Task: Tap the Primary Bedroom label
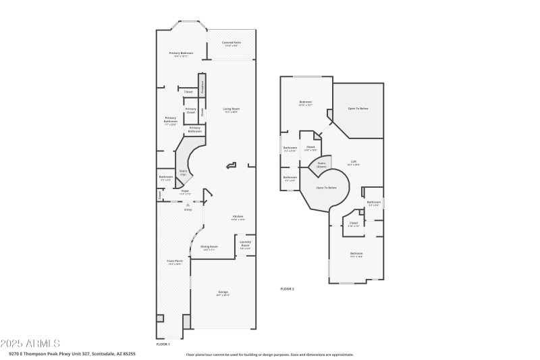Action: point(181,54)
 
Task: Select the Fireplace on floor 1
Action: point(202,86)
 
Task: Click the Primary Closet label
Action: point(191,111)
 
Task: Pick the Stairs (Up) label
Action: point(183,173)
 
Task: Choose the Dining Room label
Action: point(209,248)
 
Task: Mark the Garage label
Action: point(223,293)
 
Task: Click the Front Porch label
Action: point(175,263)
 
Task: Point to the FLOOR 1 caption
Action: point(163,344)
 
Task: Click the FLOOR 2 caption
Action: point(288,288)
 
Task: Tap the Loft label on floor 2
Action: point(354,163)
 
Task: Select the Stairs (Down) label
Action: point(321,164)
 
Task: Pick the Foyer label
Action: point(184,192)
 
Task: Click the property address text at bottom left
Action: point(72,353)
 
